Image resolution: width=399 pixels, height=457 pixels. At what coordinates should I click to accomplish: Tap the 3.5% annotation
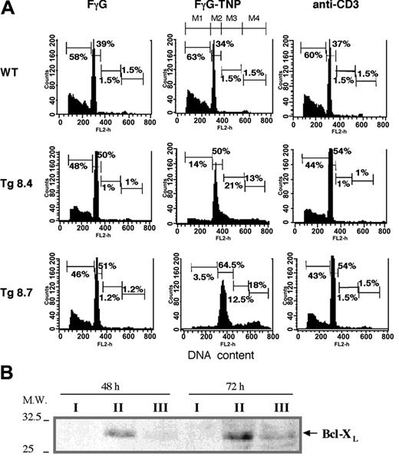[196, 274]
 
